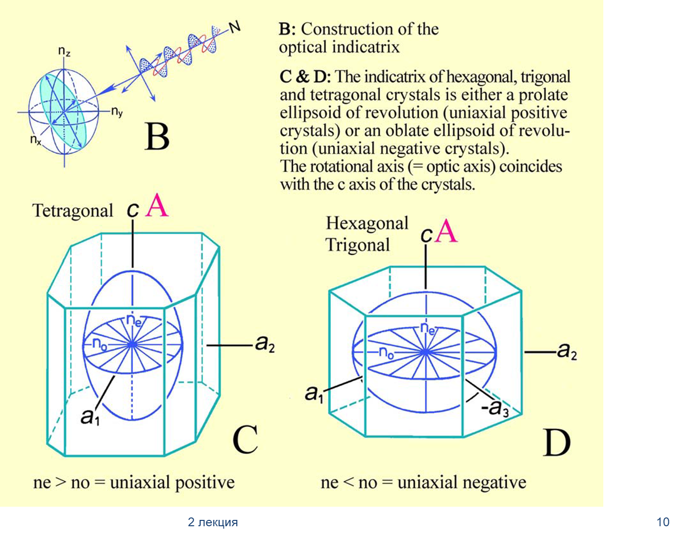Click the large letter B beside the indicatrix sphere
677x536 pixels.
157,137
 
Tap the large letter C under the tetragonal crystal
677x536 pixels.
246,440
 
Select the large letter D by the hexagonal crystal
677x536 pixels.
556,443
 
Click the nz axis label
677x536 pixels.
64,52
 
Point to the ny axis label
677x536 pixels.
117,112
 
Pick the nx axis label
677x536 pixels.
36,140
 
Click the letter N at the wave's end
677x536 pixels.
235,28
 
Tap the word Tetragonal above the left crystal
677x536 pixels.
73,211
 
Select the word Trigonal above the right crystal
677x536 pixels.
358,245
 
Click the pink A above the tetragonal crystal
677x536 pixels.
157,206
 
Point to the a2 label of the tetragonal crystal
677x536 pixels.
265,344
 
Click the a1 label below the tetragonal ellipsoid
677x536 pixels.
90,417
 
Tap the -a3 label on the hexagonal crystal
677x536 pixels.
495,409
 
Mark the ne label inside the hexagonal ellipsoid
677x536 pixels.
428,329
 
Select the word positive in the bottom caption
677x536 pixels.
205,482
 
